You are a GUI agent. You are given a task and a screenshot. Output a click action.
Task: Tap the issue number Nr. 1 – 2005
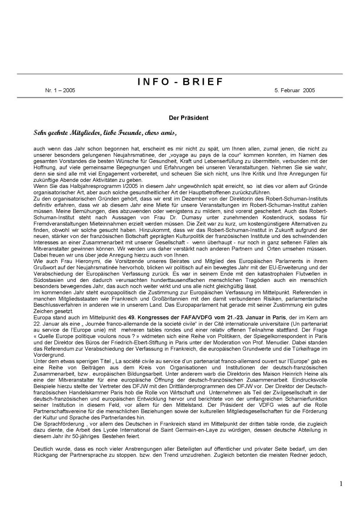pyautogui.click(x=60, y=90)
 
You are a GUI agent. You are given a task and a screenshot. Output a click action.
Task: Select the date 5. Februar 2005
pyautogui.click(x=295, y=90)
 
